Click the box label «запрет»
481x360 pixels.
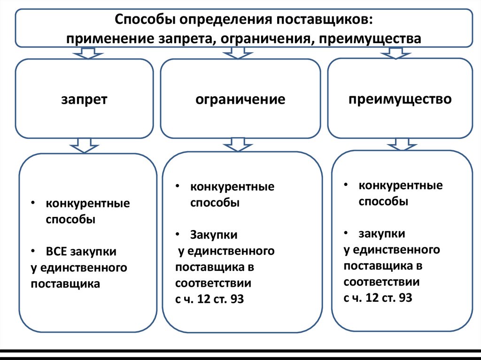click(x=84, y=99)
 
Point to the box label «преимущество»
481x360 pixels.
click(x=400, y=99)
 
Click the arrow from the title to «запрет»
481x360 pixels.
click(x=84, y=53)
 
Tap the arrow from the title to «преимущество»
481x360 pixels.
click(x=394, y=53)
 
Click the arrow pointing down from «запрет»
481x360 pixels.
click(x=85, y=145)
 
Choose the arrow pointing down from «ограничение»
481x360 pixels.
click(x=238, y=144)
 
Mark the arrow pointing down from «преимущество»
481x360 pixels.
click(x=399, y=143)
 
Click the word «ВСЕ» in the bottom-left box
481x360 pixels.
click(x=57, y=252)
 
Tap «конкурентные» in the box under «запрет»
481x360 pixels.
click(x=88, y=204)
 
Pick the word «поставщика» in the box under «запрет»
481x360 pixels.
click(x=66, y=283)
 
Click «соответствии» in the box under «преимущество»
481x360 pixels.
click(x=381, y=282)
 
